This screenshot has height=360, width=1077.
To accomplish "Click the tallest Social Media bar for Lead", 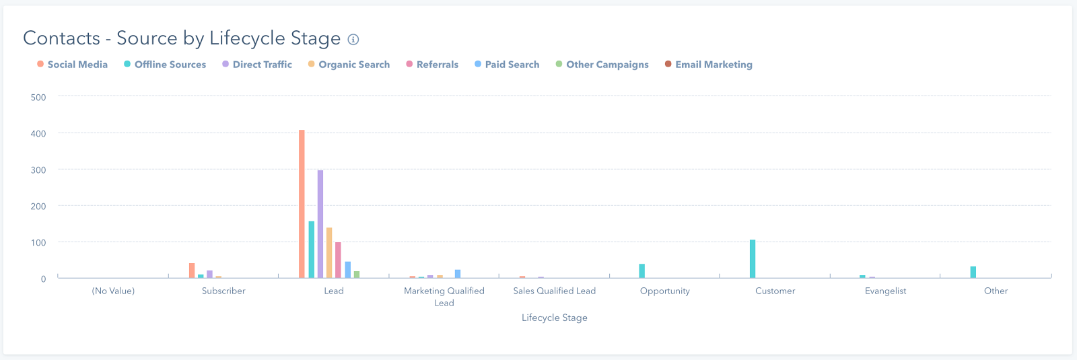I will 302,204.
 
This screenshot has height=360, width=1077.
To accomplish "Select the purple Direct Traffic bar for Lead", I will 320,224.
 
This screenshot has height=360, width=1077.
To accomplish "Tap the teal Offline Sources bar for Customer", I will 753,259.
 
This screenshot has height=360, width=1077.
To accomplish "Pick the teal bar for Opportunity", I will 642,271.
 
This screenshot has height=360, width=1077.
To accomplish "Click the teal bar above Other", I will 973,273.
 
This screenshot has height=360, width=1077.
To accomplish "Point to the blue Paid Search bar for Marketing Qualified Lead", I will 458,274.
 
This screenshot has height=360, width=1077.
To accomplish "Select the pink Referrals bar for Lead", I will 338,260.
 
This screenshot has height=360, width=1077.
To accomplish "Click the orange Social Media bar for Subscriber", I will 192,271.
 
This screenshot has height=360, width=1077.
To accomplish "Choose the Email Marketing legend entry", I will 714,65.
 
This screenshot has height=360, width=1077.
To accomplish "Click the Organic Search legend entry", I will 354,65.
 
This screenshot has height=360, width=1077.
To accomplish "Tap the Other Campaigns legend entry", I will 607,65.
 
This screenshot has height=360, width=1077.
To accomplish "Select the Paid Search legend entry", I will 512,65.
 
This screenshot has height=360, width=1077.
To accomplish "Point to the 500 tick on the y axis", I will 38,98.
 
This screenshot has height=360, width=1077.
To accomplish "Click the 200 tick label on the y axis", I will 38,207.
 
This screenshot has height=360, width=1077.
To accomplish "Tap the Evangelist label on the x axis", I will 885,291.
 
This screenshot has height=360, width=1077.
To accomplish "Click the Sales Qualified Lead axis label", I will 554,291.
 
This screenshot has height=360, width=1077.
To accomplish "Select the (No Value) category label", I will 113,291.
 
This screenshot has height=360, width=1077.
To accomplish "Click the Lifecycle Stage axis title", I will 554,318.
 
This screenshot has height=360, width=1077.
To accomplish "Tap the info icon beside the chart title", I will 353,40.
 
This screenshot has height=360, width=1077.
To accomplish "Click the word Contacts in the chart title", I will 61,38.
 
